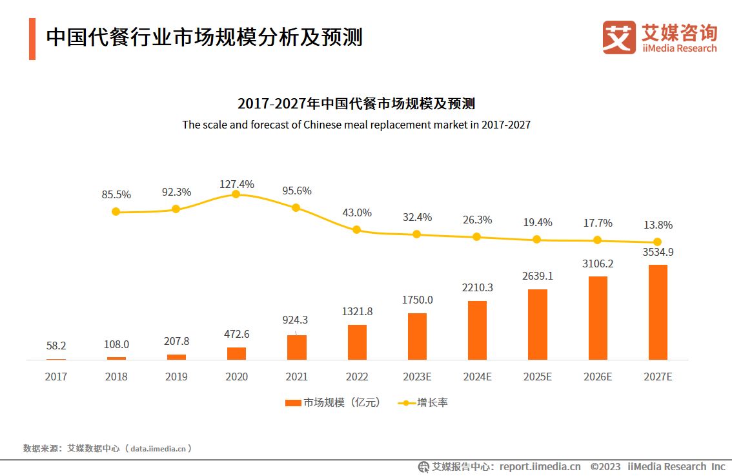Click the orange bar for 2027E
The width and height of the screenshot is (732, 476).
coord(658,312)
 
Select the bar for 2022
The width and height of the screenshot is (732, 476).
coord(357,342)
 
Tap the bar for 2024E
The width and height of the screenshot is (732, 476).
coord(477,330)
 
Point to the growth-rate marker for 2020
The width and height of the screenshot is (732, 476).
coord(236,194)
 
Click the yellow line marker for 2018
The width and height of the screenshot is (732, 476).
coord(116,211)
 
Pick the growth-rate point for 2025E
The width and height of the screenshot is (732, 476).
coord(537,240)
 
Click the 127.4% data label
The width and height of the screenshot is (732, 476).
coord(236,184)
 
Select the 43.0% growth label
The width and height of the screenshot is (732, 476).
coord(357,212)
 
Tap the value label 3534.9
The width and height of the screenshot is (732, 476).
coord(658,252)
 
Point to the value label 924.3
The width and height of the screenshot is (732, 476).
coord(296,320)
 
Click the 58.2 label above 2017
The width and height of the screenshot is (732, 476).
coord(56,346)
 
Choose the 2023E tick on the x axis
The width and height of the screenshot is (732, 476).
coord(417,377)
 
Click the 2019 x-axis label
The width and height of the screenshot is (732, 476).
coord(176,377)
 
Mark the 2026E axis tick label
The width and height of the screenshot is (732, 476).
coord(597,377)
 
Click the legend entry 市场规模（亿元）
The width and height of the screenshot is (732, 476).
coord(334,402)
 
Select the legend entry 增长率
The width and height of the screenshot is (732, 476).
coord(425,402)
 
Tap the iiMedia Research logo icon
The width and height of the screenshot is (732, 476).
coord(619,37)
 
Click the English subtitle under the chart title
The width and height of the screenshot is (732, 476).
coord(356,125)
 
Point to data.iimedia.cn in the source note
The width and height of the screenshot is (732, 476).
coord(158,448)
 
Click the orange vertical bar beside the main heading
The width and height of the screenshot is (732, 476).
coord(32,39)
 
